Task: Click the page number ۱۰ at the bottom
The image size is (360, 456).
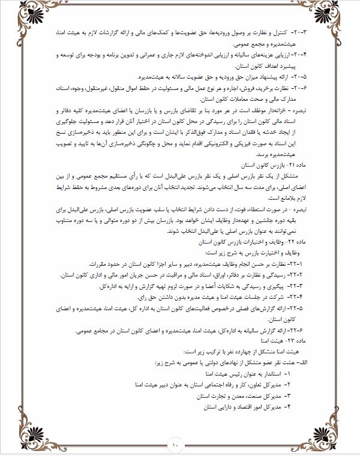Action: pyautogui.click(x=175, y=445)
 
